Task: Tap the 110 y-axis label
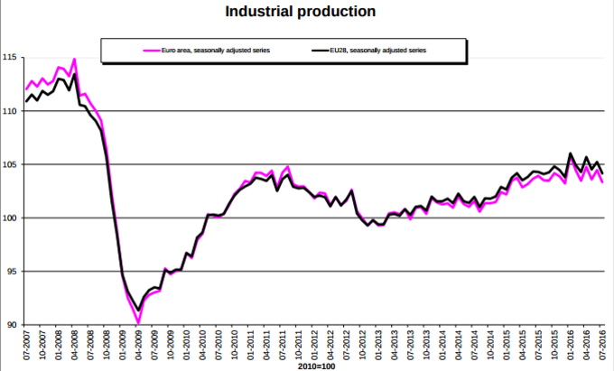pyautogui.click(x=9, y=111)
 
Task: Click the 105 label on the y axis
pyautogui.click(x=9, y=164)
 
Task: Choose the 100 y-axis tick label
pyautogui.click(x=9, y=218)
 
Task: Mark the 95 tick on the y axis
pyautogui.click(x=11, y=271)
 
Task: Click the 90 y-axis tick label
pyautogui.click(x=11, y=324)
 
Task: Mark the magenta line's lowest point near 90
pyautogui.click(x=137, y=322)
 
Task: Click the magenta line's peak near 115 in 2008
pyautogui.click(x=74, y=60)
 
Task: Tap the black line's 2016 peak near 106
pyautogui.click(x=571, y=153)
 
